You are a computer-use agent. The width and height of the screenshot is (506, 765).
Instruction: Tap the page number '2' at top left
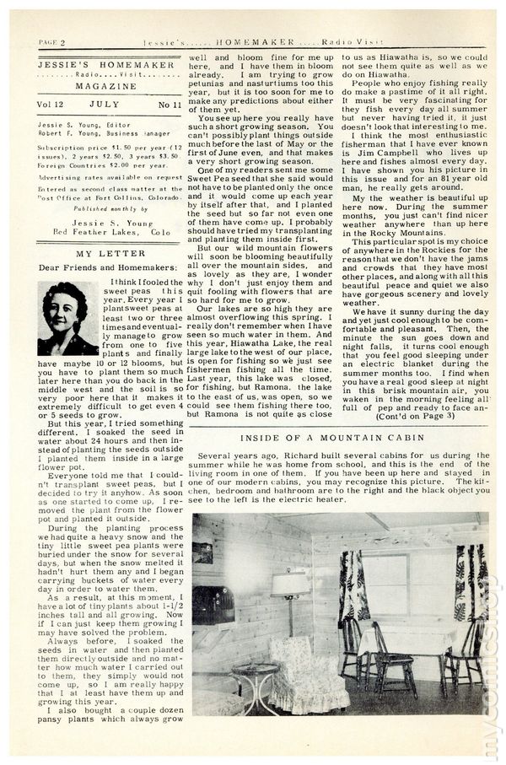pyautogui.click(x=62, y=42)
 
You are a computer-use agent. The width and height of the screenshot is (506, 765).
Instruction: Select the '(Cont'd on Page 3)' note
pyautogui.click(x=420, y=418)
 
